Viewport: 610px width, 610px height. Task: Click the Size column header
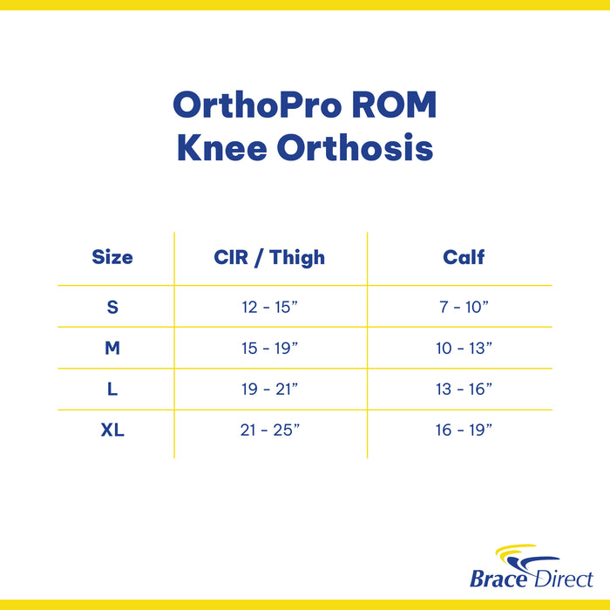tap(112, 257)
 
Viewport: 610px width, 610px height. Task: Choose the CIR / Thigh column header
tap(269, 257)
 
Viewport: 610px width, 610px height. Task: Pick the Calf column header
tap(464, 257)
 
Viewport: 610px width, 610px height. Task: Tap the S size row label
tap(112, 307)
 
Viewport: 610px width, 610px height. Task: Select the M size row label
tap(112, 348)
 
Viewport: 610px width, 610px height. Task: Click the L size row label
tap(112, 390)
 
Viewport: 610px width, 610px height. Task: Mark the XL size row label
tap(112, 430)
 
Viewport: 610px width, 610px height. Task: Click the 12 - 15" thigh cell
tap(270, 307)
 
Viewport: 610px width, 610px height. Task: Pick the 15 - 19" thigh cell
tap(270, 348)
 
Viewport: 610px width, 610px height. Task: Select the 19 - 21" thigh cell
tap(270, 390)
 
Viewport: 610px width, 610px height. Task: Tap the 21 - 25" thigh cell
tap(270, 430)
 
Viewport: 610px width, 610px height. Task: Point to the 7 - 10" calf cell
tap(464, 307)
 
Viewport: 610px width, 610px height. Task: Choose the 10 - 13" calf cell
tap(464, 348)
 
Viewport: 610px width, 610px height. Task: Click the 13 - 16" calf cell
tap(464, 390)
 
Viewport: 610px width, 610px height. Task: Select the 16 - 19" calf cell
tap(464, 430)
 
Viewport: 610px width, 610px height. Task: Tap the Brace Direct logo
tap(531, 567)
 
